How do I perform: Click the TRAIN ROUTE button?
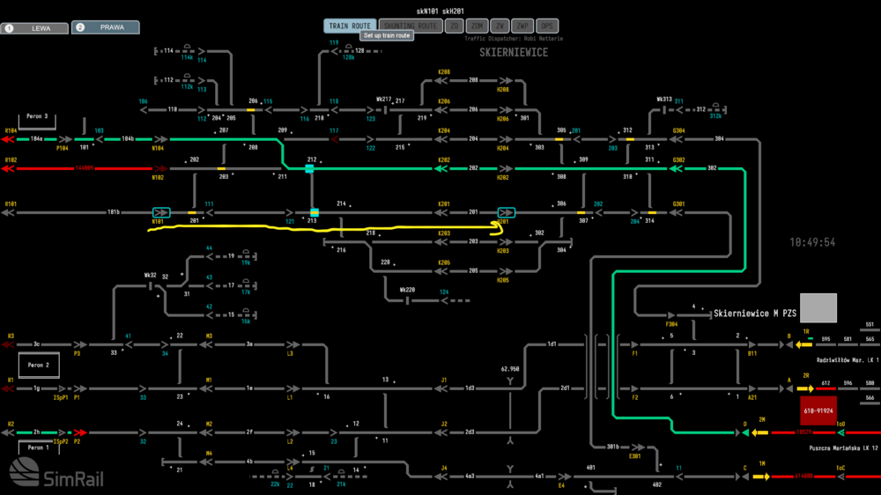[350, 26]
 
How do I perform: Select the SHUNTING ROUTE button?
[411, 26]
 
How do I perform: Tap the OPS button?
[547, 26]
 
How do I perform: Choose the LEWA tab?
[34, 27]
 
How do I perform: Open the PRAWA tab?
[105, 27]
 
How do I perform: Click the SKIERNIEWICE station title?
[514, 53]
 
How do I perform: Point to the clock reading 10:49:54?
[812, 242]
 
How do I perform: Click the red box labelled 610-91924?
[818, 410]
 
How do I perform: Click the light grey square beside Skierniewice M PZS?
[818, 308]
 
